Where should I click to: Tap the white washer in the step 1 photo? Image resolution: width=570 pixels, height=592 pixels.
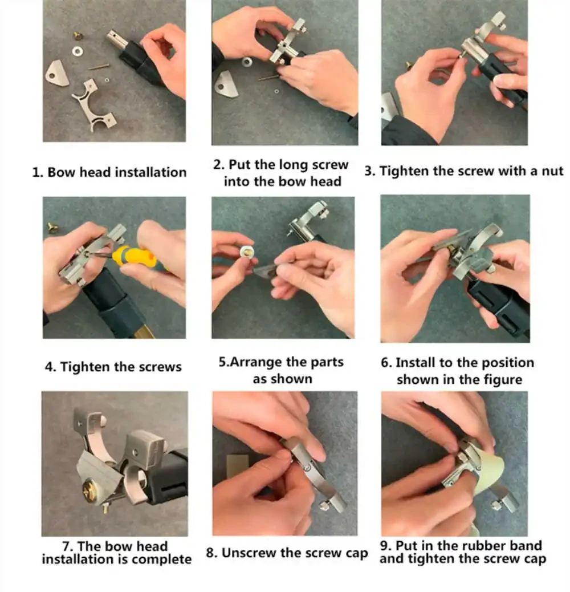click(x=78, y=50)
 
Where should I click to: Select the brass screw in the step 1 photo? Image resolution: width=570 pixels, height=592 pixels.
click(x=79, y=37)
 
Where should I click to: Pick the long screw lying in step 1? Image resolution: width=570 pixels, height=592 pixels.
click(x=99, y=67)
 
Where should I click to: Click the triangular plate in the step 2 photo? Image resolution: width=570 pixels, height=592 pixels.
click(x=226, y=84)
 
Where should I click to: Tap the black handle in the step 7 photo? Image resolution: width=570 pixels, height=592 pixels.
click(x=166, y=477)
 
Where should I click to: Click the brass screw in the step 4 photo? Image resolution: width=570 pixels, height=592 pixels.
click(x=52, y=228)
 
